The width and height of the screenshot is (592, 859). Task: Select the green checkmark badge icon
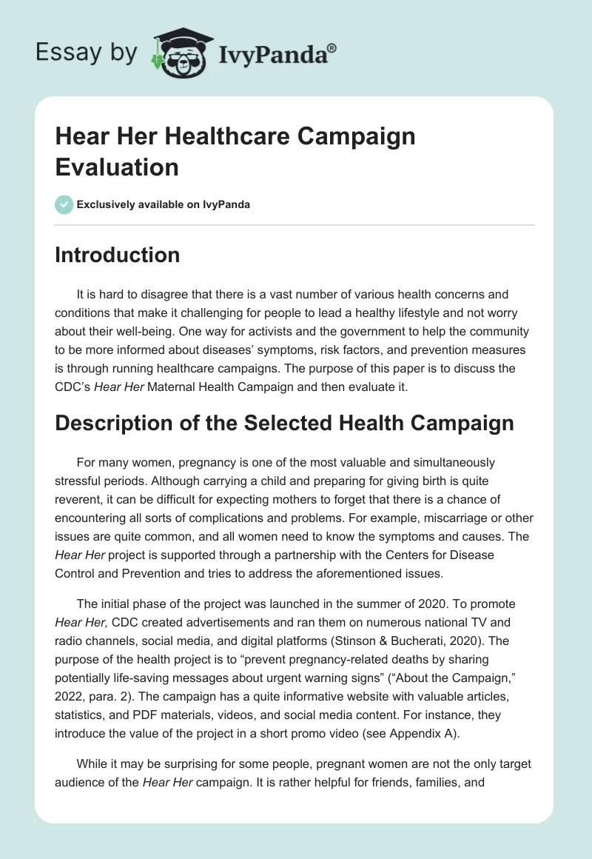[64, 204]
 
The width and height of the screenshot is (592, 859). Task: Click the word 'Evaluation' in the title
[117, 167]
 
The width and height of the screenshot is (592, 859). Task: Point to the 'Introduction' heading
[118, 255]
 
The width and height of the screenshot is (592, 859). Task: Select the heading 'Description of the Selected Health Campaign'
[284, 423]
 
